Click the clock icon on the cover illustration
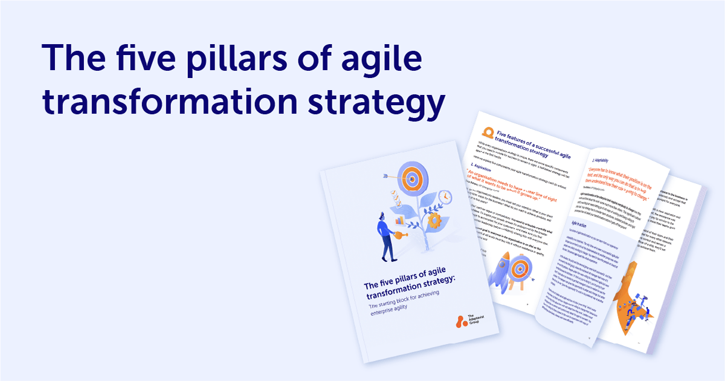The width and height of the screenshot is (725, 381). point(445,197)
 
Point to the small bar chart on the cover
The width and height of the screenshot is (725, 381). point(401,221)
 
